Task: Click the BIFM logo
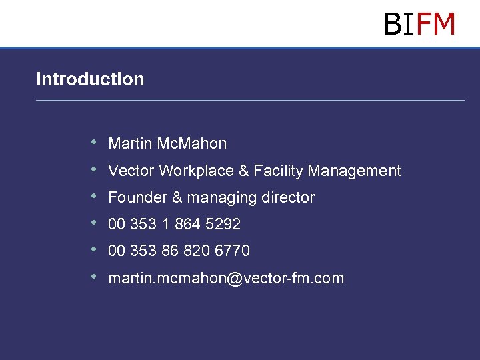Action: tap(419, 24)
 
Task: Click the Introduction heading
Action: tap(90, 79)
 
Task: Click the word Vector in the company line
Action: tap(129, 171)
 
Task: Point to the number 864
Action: tap(188, 225)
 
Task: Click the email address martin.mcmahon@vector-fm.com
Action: tap(226, 279)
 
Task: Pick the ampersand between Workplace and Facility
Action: tap(244, 171)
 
